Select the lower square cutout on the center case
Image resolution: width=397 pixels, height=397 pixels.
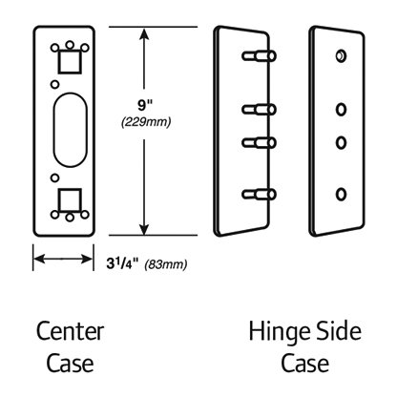tap(70, 199)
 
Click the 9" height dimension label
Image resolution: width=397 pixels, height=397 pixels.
tap(145, 105)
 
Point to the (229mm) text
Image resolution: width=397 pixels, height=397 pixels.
tap(146, 122)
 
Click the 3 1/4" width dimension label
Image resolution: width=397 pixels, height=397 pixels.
tap(123, 263)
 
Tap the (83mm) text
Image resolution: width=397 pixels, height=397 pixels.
tap(166, 264)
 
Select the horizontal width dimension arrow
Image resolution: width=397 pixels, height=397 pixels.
tap(63, 259)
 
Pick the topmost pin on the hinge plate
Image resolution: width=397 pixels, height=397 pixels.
tap(259, 56)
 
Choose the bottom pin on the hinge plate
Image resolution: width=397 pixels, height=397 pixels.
tap(259, 194)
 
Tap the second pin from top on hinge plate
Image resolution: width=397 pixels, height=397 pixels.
tap(259, 110)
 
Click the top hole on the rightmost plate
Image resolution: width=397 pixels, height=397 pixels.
tap(341, 56)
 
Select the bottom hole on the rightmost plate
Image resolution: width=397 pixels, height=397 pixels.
tap(341, 194)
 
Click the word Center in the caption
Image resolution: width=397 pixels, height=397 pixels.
tap(71, 331)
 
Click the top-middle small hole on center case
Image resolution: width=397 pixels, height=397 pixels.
tap(70, 45)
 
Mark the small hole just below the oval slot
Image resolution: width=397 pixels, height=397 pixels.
tap(54, 178)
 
